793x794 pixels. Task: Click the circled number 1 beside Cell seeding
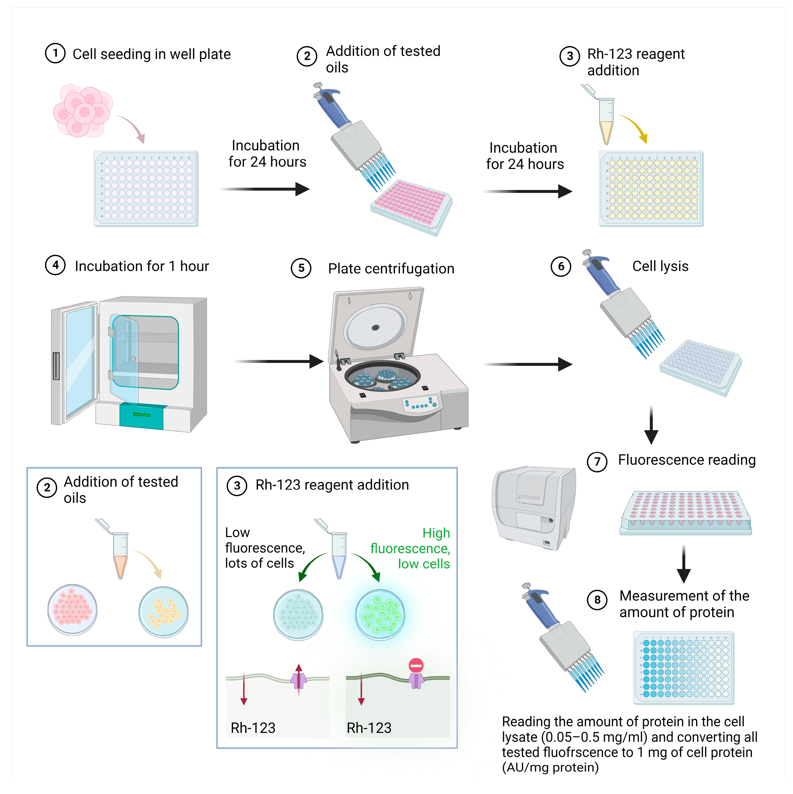click(55, 53)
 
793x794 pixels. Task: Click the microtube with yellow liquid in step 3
click(606, 121)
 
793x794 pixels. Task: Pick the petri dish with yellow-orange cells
click(164, 611)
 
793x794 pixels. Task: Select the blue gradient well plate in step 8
click(684, 668)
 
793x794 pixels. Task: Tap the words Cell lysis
click(660, 266)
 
